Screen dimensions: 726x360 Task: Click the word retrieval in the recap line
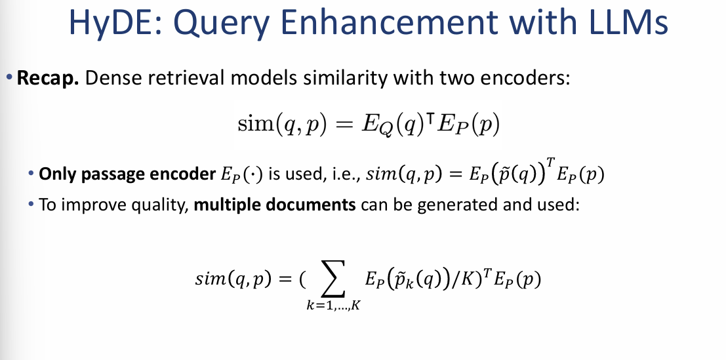pos(171,79)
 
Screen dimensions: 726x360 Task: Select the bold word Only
pos(53,175)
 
